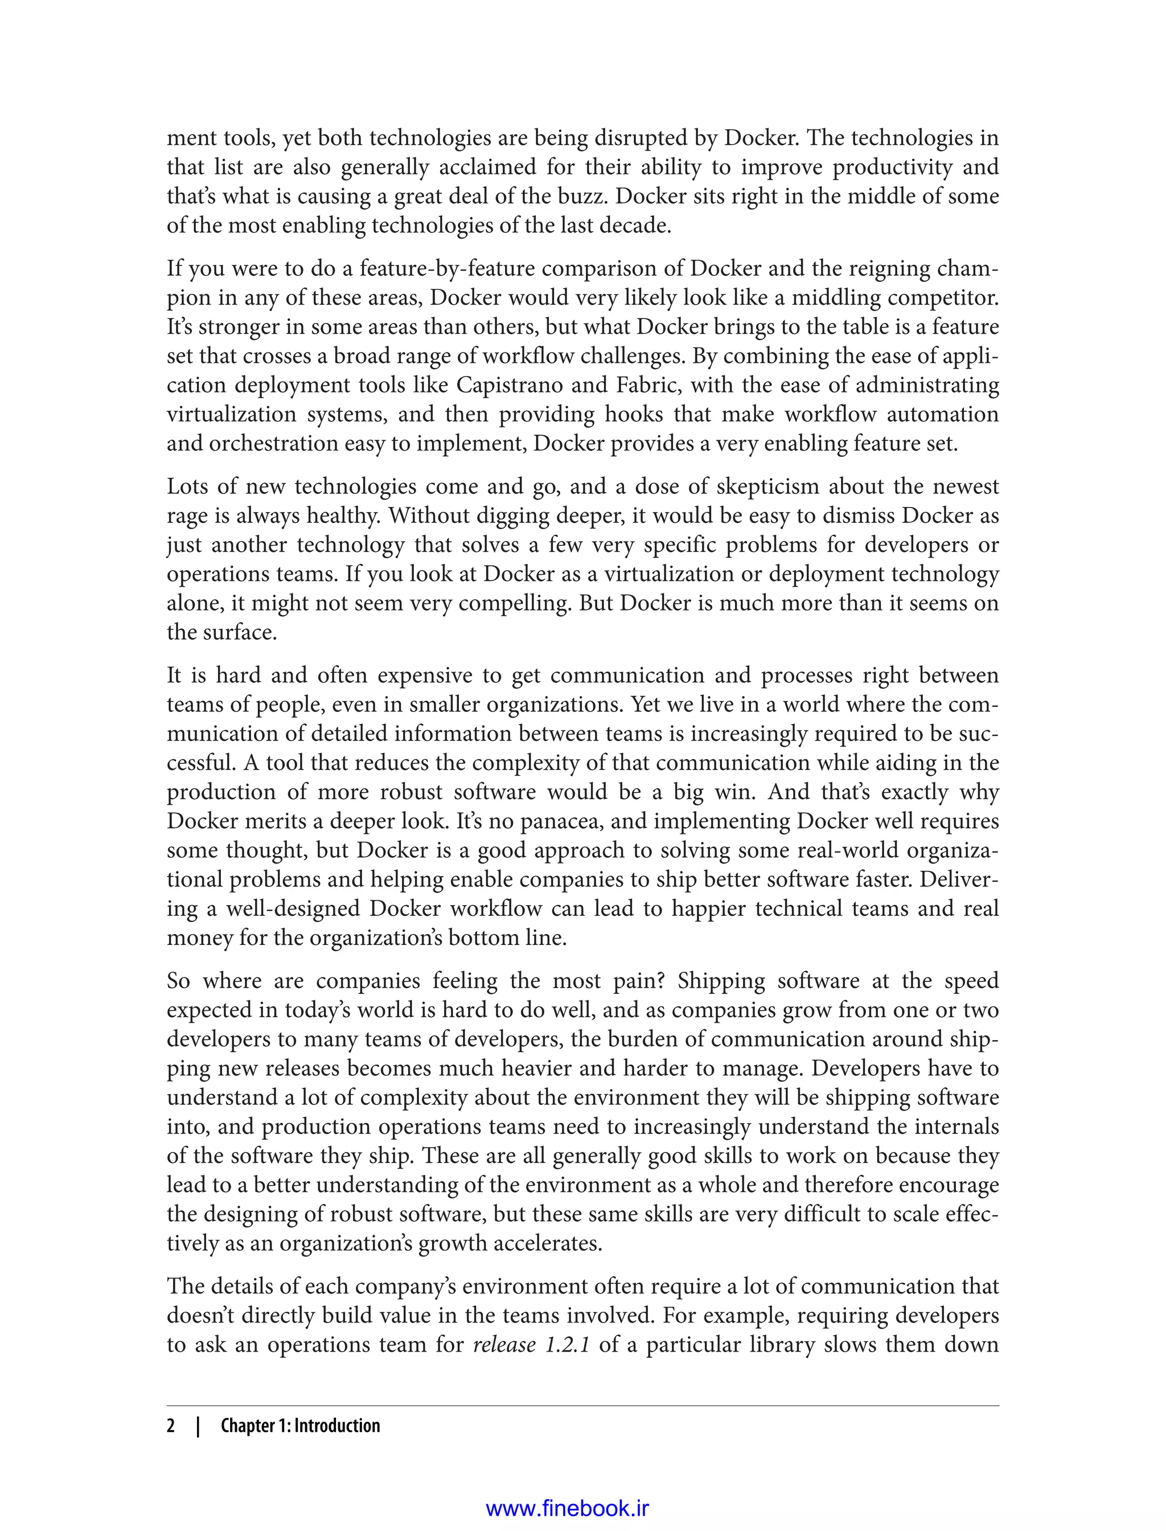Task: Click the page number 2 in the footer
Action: point(171,1426)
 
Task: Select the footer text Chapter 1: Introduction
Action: point(300,1426)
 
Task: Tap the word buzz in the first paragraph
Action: point(587,197)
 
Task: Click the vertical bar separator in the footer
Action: point(199,1426)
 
